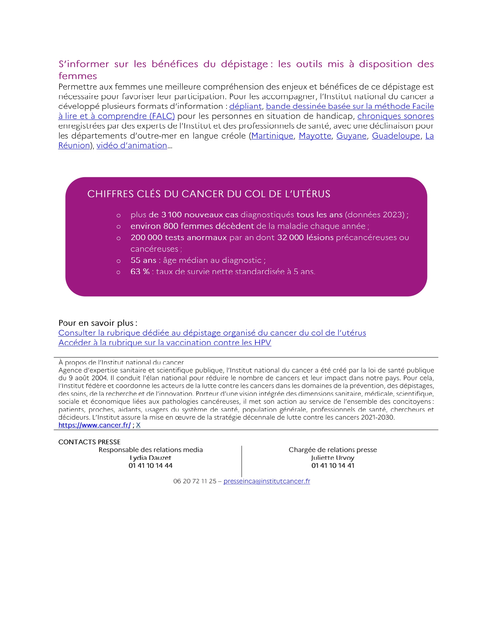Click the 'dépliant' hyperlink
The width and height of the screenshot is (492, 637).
click(245, 106)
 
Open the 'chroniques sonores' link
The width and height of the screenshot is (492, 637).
click(395, 116)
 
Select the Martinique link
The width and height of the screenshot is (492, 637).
click(272, 136)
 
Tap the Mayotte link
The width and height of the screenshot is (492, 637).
click(315, 136)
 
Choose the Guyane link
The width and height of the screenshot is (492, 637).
click(351, 136)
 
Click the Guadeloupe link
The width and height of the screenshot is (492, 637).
click(396, 136)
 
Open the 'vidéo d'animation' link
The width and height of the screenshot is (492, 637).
click(132, 146)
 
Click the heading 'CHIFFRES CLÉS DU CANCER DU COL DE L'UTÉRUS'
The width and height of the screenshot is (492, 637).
click(209, 194)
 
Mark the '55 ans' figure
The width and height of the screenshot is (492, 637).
click(143, 260)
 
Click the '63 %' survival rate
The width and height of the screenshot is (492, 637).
click(140, 271)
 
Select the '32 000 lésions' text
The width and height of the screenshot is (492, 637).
click(305, 237)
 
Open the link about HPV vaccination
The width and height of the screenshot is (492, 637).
click(165, 342)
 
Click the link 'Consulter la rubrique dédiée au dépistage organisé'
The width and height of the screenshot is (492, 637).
click(212, 333)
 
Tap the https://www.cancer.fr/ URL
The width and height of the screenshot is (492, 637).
click(95, 425)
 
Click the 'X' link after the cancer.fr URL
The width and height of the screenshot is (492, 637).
click(138, 425)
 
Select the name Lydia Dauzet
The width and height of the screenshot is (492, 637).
click(150, 457)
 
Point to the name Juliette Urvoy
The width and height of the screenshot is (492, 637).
click(333, 457)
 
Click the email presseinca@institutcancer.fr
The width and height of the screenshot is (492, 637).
click(267, 481)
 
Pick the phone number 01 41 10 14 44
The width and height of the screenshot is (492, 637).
click(150, 466)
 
